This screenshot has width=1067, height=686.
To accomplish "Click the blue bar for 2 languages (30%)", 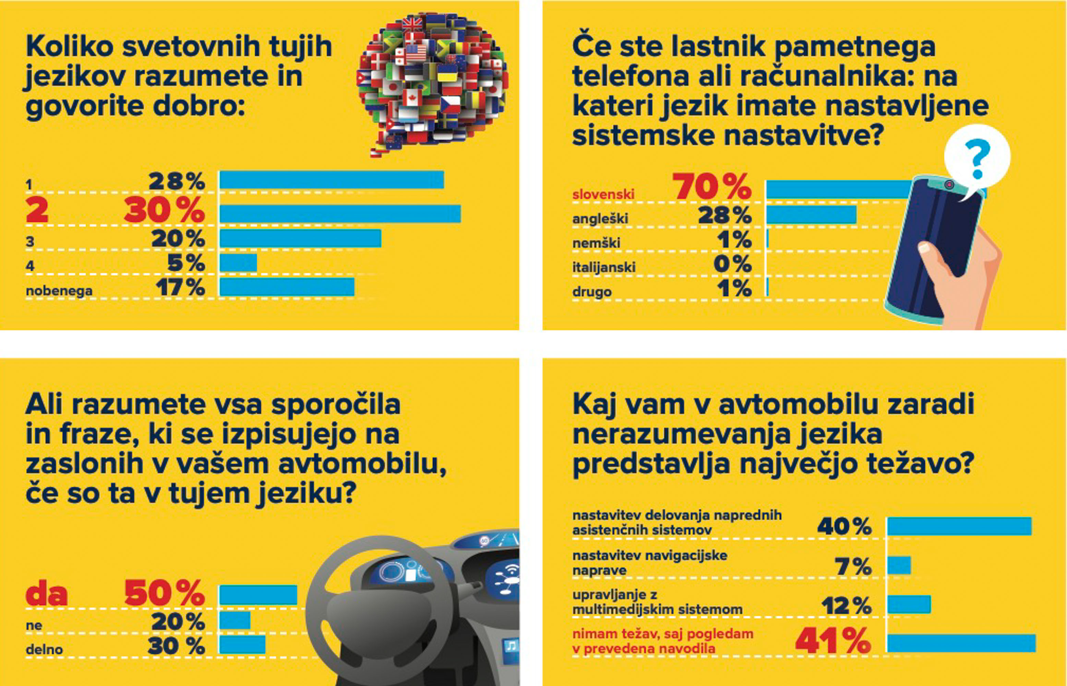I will pyautogui.click(x=340, y=214).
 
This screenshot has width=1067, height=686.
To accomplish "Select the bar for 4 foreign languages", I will pyautogui.click(x=238, y=263).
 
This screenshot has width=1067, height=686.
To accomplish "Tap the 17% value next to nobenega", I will pyautogui.click(x=180, y=287).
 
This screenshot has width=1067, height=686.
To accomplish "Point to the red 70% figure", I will pyautogui.click(x=711, y=187).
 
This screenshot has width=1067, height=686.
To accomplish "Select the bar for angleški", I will pyautogui.click(x=811, y=215).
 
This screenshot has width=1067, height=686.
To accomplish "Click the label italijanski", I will pyautogui.click(x=603, y=267).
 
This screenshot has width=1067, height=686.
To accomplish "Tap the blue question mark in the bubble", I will pyautogui.click(x=977, y=158).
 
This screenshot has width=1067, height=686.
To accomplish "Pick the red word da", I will pyautogui.click(x=47, y=594).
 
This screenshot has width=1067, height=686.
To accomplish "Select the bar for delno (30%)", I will pyautogui.click(x=243, y=644).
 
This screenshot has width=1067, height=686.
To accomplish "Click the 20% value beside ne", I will pyautogui.click(x=178, y=622).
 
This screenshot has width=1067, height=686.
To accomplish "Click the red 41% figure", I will pyautogui.click(x=832, y=641).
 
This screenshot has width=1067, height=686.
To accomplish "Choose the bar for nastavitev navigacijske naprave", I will pyautogui.click(x=899, y=565).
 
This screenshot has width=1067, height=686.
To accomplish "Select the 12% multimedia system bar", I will pyautogui.click(x=909, y=604).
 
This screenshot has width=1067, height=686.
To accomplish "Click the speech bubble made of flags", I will pyautogui.click(x=432, y=80).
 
